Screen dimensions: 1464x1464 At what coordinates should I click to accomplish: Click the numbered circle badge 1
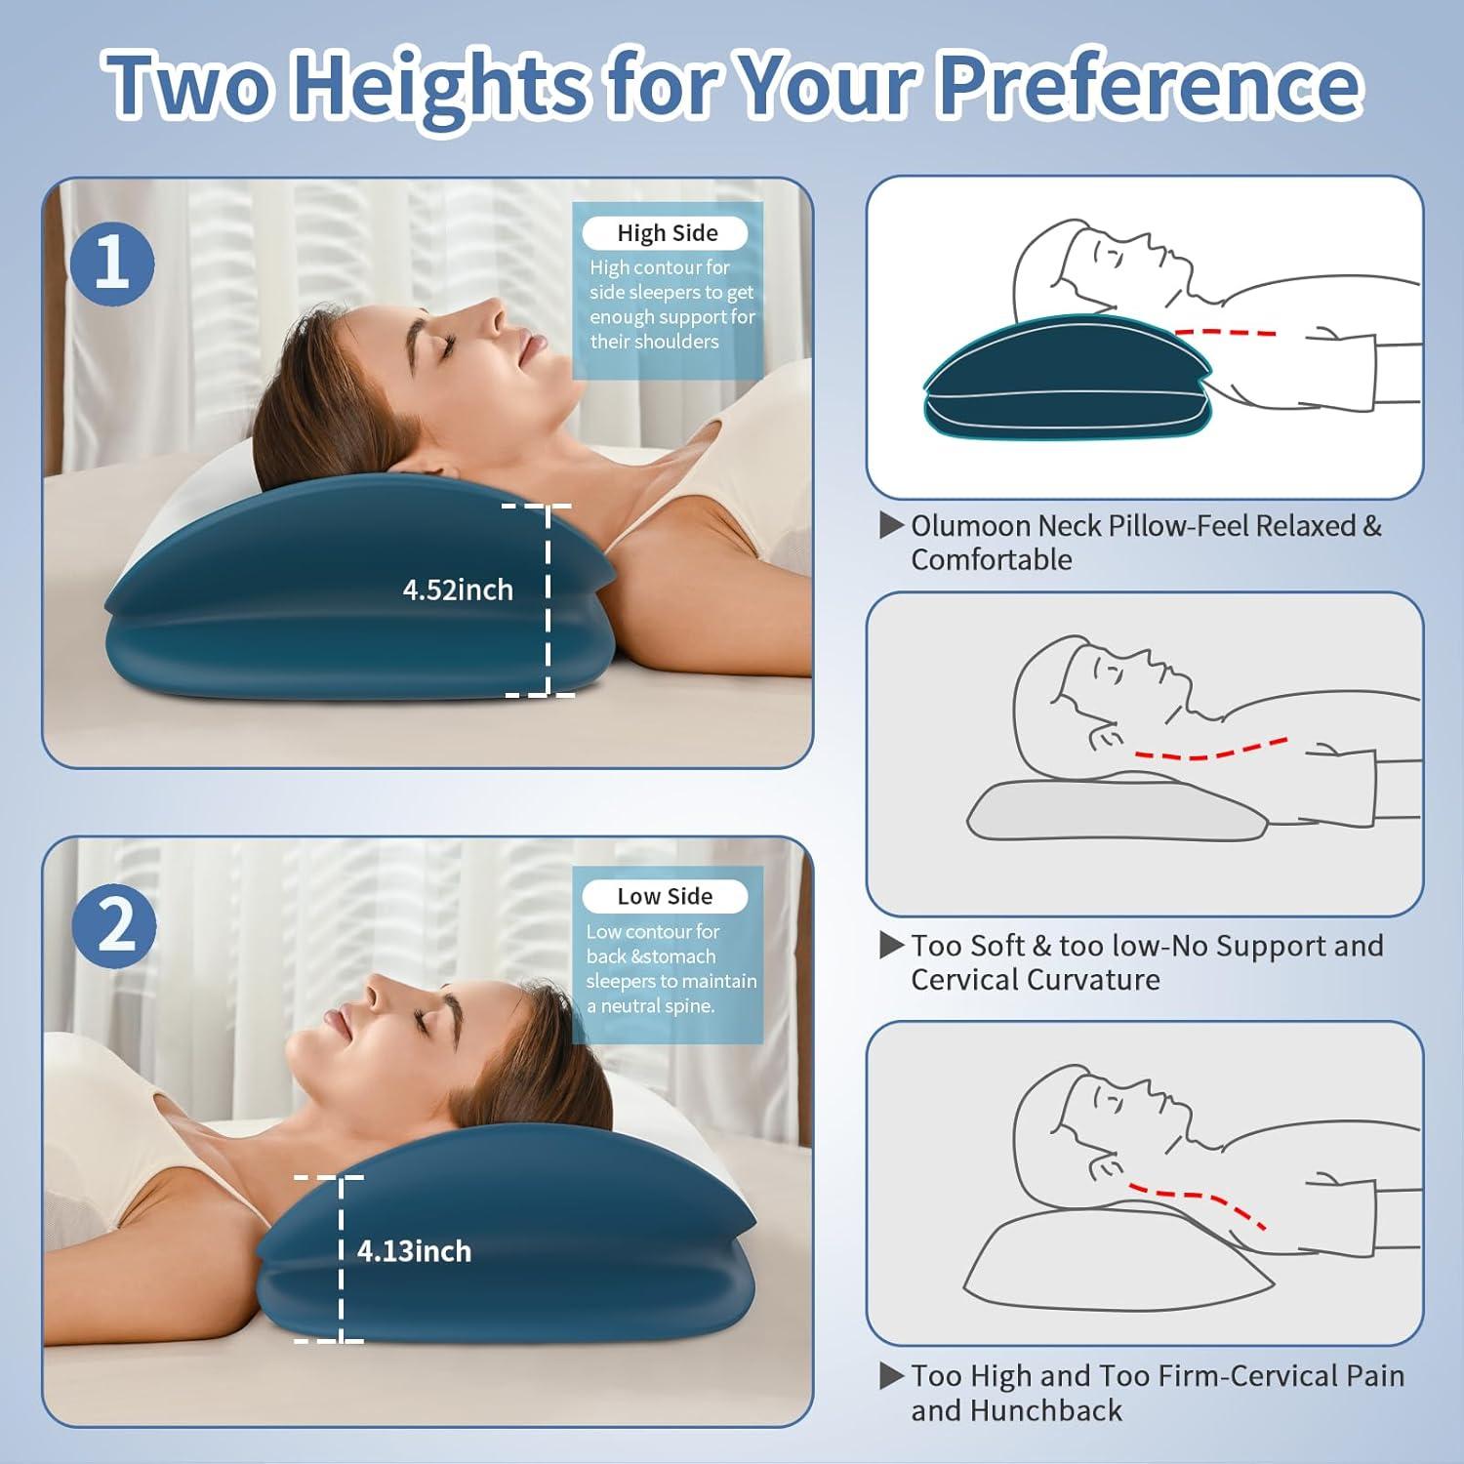pyautogui.click(x=112, y=264)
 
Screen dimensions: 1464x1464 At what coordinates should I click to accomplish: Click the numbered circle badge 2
pyautogui.click(x=114, y=925)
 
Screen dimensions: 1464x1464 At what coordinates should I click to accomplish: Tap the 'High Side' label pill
pyautogui.click(x=666, y=233)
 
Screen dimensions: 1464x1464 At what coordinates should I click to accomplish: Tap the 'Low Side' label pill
pyautogui.click(x=665, y=896)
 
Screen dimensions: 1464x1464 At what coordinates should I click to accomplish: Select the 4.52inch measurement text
pyautogui.click(x=458, y=590)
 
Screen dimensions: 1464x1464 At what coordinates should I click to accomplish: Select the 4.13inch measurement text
pyautogui.click(x=414, y=1251)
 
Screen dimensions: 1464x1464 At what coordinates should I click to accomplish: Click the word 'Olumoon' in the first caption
pyautogui.click(x=970, y=526)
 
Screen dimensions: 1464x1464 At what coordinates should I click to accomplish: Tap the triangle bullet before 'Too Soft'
pyautogui.click(x=891, y=945)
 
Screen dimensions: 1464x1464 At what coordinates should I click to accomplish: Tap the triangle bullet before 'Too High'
pyautogui.click(x=891, y=1375)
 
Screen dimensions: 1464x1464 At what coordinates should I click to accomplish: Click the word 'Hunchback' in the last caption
pyautogui.click(x=1016, y=1410)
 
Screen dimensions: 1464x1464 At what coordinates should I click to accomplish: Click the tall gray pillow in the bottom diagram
pyautogui.click(x=1113, y=1259)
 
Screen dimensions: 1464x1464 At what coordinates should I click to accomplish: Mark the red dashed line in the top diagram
pyautogui.click(x=1225, y=332)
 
